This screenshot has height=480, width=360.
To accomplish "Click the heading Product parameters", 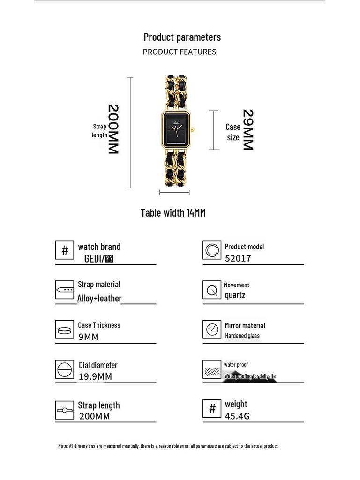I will (x=182, y=37).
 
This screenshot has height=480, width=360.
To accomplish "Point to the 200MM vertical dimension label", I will (x=113, y=129).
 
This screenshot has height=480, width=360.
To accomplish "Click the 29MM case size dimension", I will (x=247, y=129).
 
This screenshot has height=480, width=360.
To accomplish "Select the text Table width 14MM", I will (x=173, y=213).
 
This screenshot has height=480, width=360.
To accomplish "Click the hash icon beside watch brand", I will (x=65, y=250).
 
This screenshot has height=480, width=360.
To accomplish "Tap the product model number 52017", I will (x=238, y=258).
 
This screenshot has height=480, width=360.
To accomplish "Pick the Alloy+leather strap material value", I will (x=99, y=299).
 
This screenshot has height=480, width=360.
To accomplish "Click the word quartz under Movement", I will (x=235, y=295).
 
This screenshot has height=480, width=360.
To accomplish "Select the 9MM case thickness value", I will (x=89, y=337).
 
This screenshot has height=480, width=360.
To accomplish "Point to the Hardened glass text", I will (x=242, y=336).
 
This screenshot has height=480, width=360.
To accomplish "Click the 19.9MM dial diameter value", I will (x=95, y=376).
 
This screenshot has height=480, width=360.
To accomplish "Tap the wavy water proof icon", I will (x=212, y=370).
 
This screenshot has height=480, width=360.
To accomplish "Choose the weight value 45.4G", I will (x=237, y=416).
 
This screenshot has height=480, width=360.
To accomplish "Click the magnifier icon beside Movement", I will (x=212, y=290).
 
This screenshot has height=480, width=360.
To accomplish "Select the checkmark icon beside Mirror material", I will (x=212, y=330).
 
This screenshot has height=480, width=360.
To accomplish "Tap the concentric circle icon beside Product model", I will (x=212, y=250).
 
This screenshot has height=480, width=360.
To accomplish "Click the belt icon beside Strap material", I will (x=65, y=290).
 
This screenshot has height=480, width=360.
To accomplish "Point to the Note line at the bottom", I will (x=168, y=446).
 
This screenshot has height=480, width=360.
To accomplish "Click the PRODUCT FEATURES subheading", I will (x=180, y=52).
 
